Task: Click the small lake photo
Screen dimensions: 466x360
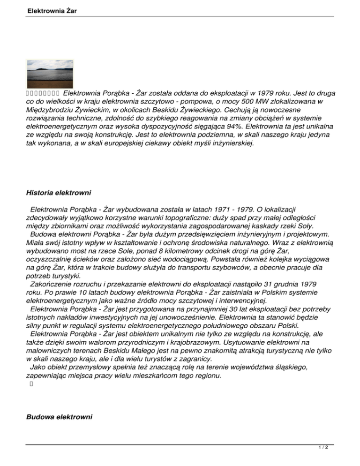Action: (50, 74)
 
